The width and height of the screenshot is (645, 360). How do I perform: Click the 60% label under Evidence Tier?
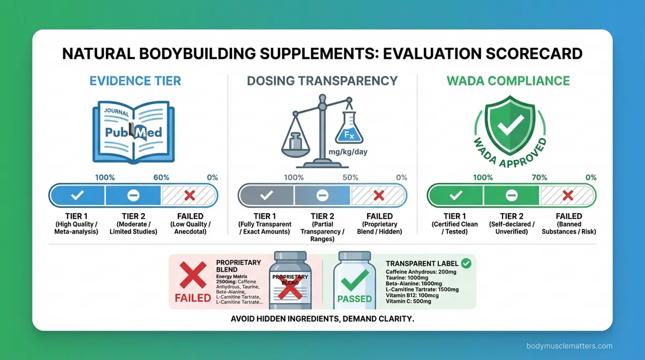pyautogui.click(x=161, y=177)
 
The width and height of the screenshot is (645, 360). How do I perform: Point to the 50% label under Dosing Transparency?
pyautogui.click(x=350, y=177)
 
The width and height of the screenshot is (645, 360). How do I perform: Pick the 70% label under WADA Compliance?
pyautogui.click(x=539, y=177)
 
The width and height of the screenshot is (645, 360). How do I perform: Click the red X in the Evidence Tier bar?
pyautogui.click(x=189, y=196)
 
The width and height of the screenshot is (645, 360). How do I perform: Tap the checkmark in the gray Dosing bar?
pyautogui.click(x=266, y=196)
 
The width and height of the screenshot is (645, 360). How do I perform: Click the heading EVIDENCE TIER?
pyautogui.click(x=135, y=81)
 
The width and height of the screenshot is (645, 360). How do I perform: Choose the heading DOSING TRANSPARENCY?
pyautogui.click(x=322, y=81)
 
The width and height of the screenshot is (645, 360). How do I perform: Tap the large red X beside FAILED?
pyautogui.click(x=192, y=276)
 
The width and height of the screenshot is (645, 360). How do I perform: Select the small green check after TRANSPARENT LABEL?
pyautogui.click(x=466, y=263)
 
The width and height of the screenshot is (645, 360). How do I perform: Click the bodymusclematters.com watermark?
pyautogui.click(x=569, y=346)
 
